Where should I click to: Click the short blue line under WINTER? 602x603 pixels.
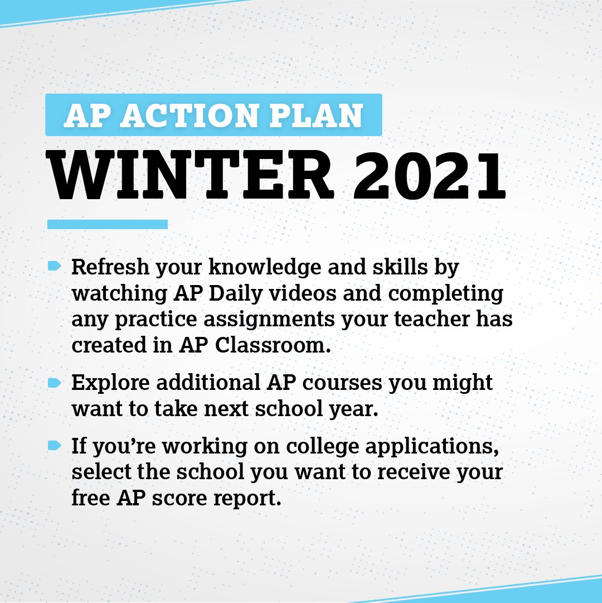(108, 224)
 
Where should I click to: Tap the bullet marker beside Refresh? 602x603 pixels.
(54, 267)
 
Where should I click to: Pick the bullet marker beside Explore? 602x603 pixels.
(54, 383)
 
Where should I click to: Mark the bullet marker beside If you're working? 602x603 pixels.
(54, 445)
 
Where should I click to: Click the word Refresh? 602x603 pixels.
(110, 267)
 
